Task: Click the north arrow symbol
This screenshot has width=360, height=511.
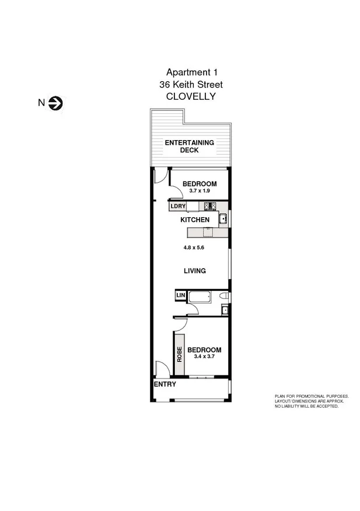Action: [57, 103]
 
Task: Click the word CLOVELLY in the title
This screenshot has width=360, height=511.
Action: [191, 97]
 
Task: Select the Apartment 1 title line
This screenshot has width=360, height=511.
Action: [191, 72]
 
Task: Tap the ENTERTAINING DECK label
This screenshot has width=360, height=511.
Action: [189, 146]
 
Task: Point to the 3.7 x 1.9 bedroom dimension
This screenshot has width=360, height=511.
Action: [199, 190]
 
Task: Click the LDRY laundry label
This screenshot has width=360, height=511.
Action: [178, 206]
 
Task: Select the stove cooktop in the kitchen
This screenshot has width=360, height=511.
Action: [211, 206]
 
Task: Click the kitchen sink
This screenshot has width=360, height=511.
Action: [222, 220]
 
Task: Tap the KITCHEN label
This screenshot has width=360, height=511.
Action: [194, 220]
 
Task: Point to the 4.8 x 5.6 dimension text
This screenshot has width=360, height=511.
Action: [193, 247]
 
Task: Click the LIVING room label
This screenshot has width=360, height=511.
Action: [194, 270]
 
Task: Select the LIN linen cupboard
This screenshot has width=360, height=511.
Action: [180, 296]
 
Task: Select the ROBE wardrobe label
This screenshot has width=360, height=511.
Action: [179, 354]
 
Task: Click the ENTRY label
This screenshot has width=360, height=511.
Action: [165, 384]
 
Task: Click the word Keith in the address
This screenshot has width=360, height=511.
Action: [191, 85]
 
